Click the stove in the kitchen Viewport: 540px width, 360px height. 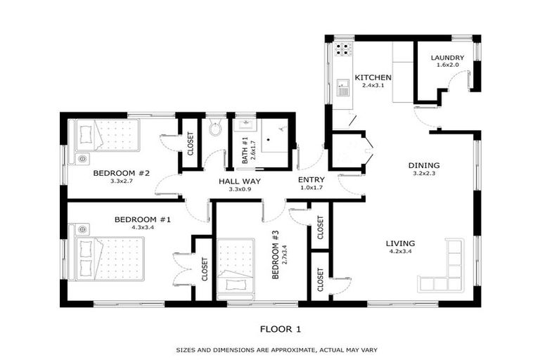(342, 49)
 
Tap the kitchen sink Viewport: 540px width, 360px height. (343, 87)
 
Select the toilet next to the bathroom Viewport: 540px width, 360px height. (215, 128)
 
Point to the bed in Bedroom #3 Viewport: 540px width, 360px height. (236, 269)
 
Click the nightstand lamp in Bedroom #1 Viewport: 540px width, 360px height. (82, 229)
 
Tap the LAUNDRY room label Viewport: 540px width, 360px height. (447, 58)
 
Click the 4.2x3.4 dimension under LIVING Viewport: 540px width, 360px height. (400, 251)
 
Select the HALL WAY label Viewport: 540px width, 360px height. (240, 181)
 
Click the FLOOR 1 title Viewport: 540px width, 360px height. (281, 329)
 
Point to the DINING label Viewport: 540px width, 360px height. (424, 165)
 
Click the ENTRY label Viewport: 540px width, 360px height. (311, 180)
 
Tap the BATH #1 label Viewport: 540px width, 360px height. (245, 150)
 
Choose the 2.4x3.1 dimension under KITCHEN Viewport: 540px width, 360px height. (373, 85)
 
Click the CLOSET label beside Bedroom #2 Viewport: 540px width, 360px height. (190, 143)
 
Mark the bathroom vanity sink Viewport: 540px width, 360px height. (246, 125)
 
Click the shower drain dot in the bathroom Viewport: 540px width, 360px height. (269, 140)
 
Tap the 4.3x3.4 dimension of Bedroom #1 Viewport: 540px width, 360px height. (143, 227)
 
